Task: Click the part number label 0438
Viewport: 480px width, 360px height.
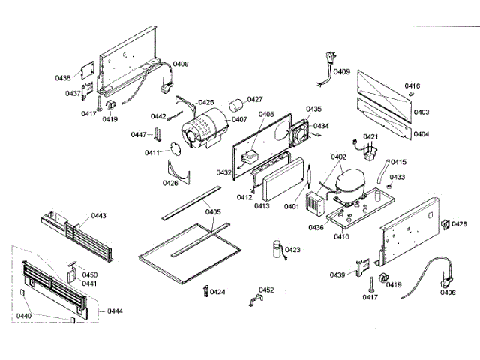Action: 62,77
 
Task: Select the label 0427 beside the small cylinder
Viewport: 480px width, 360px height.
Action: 255,99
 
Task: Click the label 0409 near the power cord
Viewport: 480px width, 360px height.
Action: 342,72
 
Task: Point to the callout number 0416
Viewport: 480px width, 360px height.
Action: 412,86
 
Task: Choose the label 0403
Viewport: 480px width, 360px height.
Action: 421,112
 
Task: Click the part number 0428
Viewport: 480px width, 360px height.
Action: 459,224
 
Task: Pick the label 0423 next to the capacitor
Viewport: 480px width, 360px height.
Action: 292,250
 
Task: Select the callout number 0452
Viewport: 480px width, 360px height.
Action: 266,289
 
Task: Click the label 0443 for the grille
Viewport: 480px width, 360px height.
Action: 98,216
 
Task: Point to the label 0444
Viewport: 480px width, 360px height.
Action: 115,310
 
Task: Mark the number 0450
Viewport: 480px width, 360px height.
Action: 90,275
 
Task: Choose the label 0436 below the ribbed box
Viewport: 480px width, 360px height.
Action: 316,227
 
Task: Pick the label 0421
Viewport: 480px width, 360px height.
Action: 371,137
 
